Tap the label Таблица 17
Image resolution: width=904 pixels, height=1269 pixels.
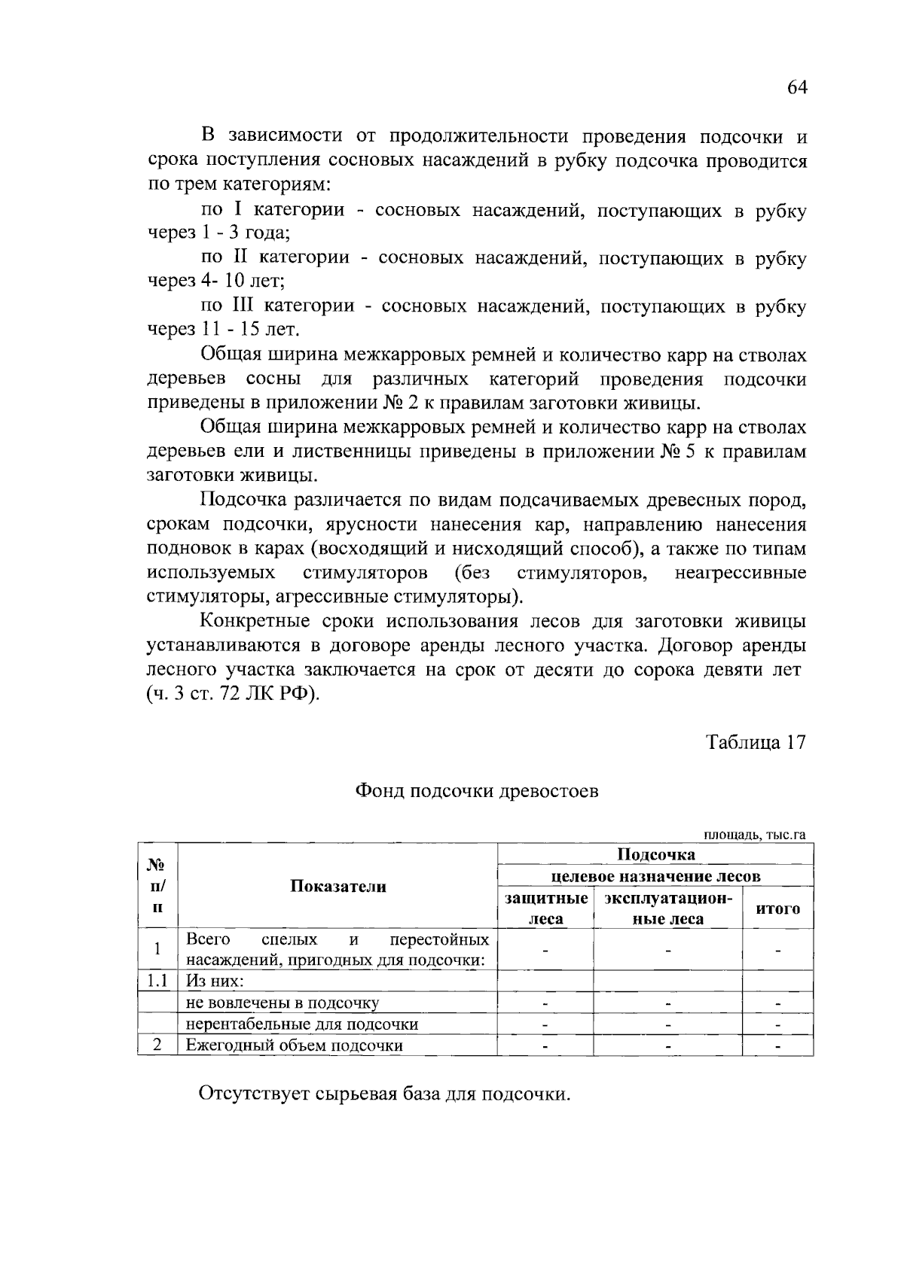pyautogui.click(x=756, y=742)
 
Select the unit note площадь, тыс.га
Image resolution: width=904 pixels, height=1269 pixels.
pyautogui.click(x=755, y=835)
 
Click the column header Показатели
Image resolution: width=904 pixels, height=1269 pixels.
pyautogui.click(x=338, y=886)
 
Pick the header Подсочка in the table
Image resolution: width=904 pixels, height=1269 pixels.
pyautogui.click(x=655, y=854)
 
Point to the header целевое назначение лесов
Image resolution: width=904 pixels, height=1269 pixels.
pyautogui.click(x=655, y=876)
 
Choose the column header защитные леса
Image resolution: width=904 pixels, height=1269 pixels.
pyautogui.click(x=546, y=908)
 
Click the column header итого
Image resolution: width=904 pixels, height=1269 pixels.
pyautogui.click(x=777, y=908)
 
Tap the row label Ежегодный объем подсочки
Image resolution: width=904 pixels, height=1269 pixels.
pyautogui.click(x=295, y=1045)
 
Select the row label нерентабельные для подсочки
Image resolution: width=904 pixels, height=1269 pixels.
pyautogui.click(x=302, y=1024)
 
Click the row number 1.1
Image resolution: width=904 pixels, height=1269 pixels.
pyautogui.click(x=157, y=981)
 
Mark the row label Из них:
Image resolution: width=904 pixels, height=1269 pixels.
pyautogui.click(x=215, y=981)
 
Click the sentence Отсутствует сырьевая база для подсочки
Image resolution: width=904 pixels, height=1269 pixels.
pyautogui.click(x=384, y=1094)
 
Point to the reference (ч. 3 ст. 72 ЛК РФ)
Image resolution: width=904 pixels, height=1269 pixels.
pyautogui.click(x=233, y=694)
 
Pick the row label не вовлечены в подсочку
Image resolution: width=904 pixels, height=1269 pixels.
pyautogui.click(x=282, y=1003)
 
